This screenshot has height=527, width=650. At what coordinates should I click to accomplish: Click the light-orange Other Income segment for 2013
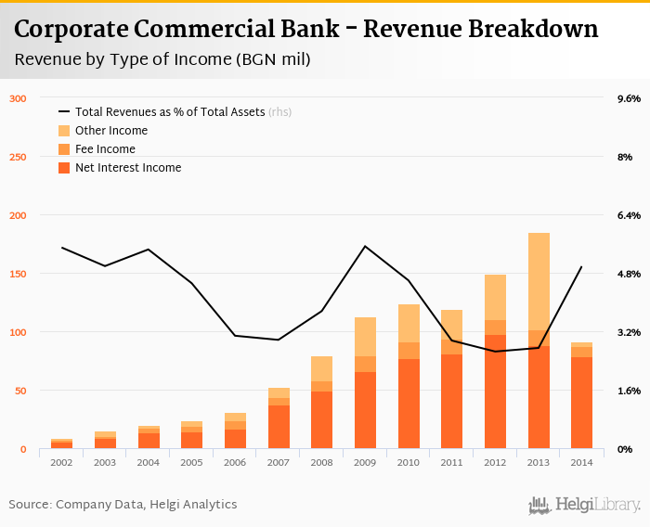[x=539, y=281]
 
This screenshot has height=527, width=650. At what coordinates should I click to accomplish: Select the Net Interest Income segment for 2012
[x=495, y=392]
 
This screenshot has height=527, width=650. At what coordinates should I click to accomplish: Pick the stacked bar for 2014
[x=582, y=396]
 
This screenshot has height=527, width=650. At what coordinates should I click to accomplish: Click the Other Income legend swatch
[x=64, y=131]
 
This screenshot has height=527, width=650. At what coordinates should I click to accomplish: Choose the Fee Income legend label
[x=105, y=149]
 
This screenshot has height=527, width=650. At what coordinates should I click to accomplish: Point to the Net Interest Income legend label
[x=128, y=168]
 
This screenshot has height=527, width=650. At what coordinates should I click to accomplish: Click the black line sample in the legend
[x=64, y=112]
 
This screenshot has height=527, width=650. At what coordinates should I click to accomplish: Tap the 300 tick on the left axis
[x=18, y=98]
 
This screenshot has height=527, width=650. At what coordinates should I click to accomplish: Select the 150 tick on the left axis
[x=18, y=274]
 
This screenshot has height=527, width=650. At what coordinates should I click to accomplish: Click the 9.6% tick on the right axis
[x=630, y=98]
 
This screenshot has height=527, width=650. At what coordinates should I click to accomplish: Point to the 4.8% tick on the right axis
[x=630, y=274]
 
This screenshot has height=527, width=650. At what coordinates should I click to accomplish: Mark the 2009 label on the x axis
[x=365, y=461]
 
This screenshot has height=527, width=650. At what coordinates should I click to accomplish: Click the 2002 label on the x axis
[x=61, y=461]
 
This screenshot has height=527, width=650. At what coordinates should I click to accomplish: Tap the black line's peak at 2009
[x=365, y=246]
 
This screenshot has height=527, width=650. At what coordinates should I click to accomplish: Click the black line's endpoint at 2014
[x=582, y=267]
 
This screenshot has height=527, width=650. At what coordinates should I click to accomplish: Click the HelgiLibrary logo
[x=584, y=505]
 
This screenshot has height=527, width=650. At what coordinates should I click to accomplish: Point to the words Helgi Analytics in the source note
[x=194, y=505]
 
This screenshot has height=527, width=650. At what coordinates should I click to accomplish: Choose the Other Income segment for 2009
[x=365, y=337]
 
